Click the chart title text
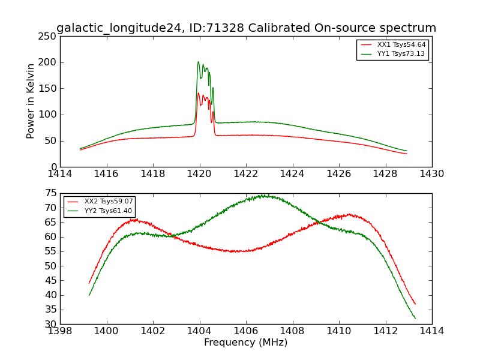coord(246,28)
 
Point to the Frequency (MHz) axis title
coord(246,343)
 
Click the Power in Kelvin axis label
coord(31,101)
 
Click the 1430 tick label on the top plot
coord(431,174)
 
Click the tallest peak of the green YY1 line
coord(198,61)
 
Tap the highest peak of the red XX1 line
coord(198,93)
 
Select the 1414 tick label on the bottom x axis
coord(431,331)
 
